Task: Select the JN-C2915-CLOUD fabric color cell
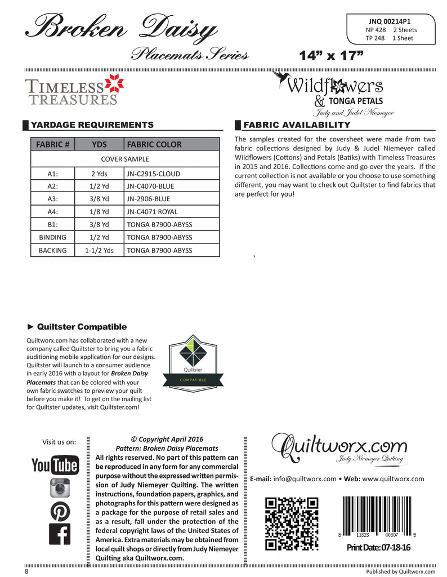pos(154,174)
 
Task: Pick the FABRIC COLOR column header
pos(154,144)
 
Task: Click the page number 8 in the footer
pos(26,571)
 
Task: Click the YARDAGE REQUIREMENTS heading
pos(92,125)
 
